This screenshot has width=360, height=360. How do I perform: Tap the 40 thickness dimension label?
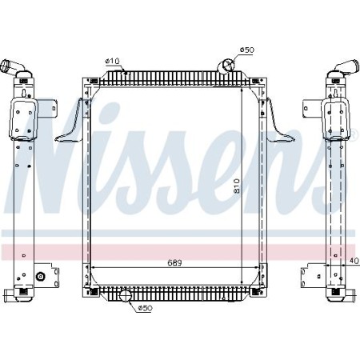click(353, 259)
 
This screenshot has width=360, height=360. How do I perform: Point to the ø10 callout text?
click(112, 61)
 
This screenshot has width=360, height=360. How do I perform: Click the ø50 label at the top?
click(246, 50)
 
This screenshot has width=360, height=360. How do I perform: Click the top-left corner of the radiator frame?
click(83, 78)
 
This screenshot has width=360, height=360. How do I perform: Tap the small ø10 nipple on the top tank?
click(124, 71)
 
